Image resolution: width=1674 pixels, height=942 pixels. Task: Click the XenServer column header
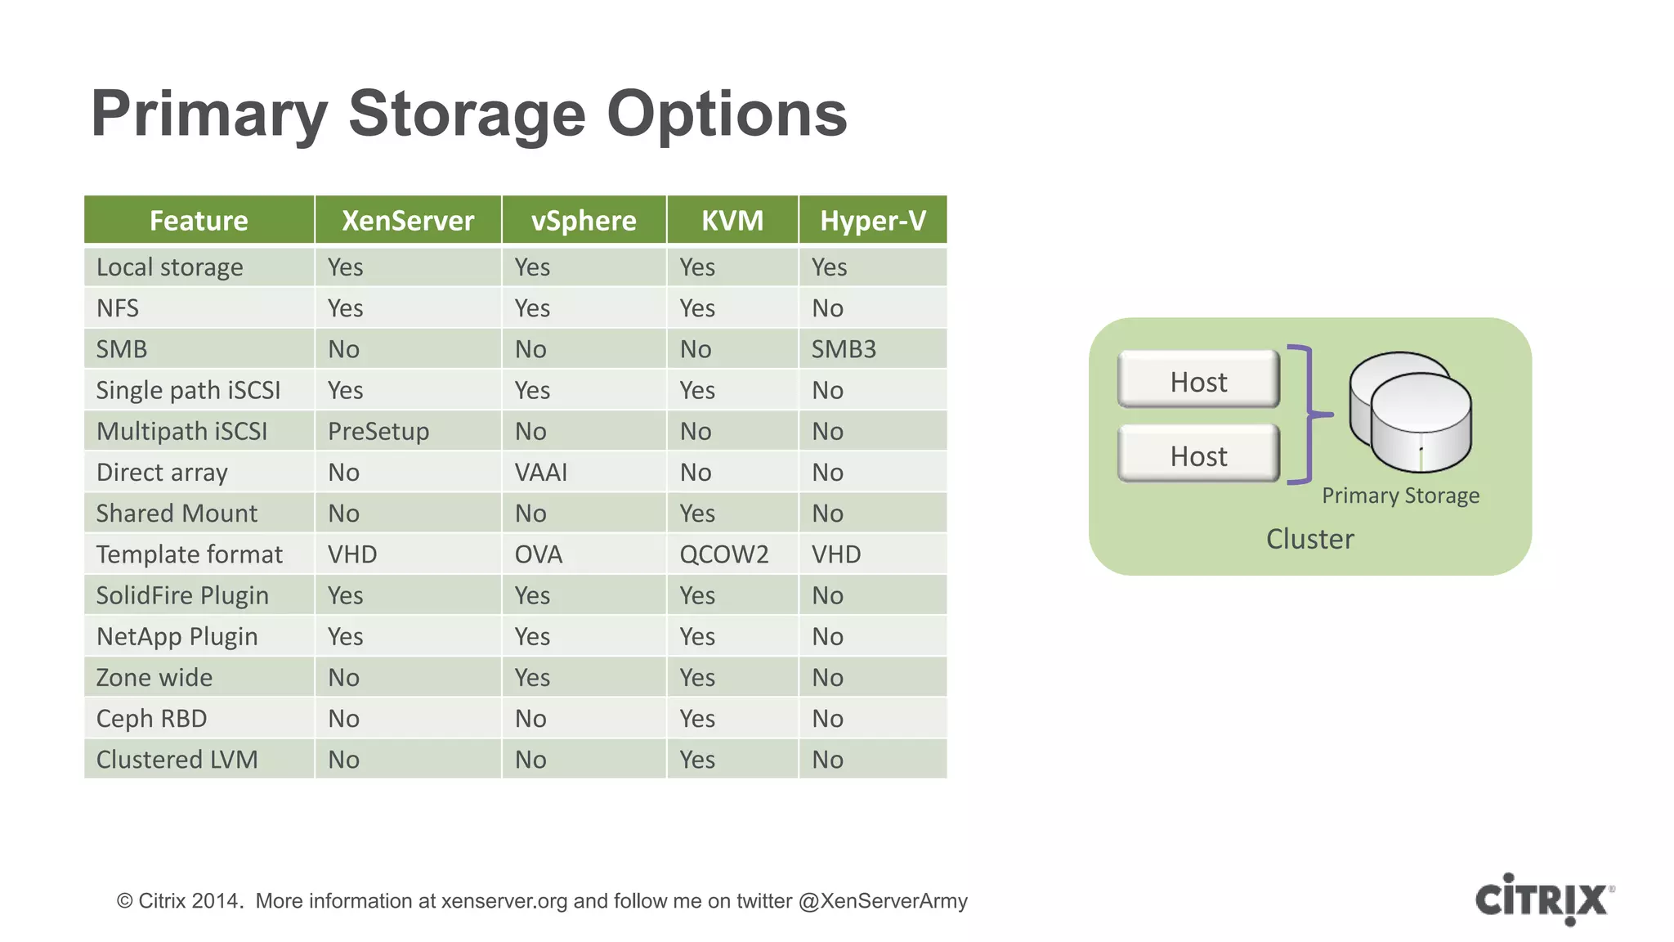pos(407,221)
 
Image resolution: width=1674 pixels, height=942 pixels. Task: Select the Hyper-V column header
pos(872,221)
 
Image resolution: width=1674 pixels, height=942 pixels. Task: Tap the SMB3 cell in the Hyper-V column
pos(844,349)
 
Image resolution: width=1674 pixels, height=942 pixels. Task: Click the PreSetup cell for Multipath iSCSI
pos(378,431)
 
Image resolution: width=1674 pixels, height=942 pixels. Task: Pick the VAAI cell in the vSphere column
pos(540,473)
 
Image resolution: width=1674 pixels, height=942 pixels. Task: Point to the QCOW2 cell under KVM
pos(724,554)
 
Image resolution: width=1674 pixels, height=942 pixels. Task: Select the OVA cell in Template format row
pos(539,554)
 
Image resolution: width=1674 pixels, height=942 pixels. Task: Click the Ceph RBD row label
pos(152,719)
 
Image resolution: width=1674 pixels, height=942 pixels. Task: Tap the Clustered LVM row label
pos(177,760)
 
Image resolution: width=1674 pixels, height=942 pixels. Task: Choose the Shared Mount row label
pos(177,514)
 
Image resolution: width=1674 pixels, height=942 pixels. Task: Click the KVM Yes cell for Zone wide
pos(697,678)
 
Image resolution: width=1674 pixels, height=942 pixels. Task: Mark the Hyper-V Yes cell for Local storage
pos(829,267)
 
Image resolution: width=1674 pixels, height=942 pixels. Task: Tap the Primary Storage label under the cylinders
pos(1400,496)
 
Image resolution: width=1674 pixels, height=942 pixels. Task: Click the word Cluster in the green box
pos(1309,539)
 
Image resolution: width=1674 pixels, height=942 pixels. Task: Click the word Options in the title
pos(726,114)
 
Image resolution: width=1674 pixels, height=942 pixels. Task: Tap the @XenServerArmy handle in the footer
pos(883,901)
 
